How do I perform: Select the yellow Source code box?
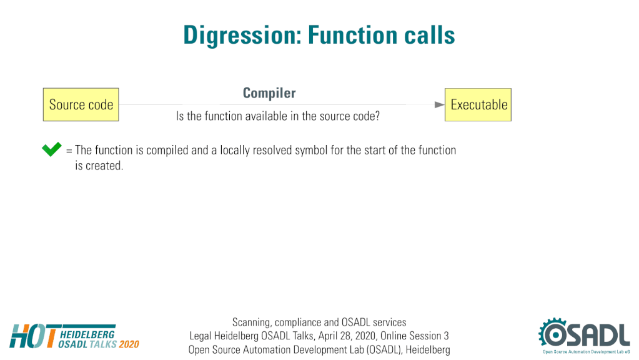tap(81, 104)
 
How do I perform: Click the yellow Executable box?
tap(478, 105)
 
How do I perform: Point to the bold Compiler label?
tap(269, 93)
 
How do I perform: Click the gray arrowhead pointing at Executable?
tap(439, 105)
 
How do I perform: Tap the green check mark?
tap(52, 149)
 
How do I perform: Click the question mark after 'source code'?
tap(377, 116)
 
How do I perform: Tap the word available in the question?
tap(266, 116)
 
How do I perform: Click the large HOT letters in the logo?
tap(34, 336)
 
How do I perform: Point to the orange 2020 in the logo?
tap(129, 344)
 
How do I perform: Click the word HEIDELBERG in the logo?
tap(87, 334)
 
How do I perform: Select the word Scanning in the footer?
tap(251, 322)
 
